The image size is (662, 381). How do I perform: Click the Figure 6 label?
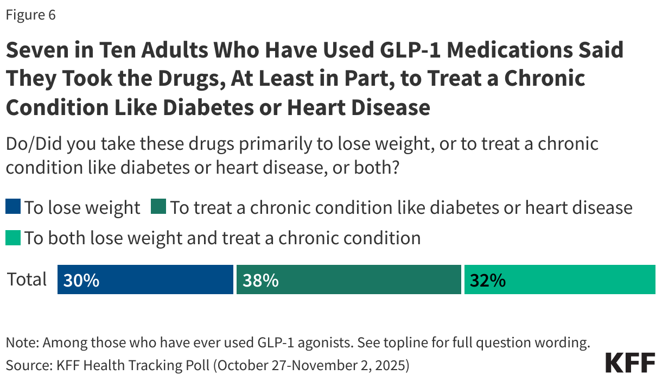pyautogui.click(x=30, y=15)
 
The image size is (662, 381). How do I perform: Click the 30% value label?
pyautogui.click(x=81, y=280)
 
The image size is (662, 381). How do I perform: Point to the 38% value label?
pyautogui.click(x=260, y=280)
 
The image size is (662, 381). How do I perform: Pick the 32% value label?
pyautogui.click(x=488, y=280)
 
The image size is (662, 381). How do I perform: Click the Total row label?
pyautogui.click(x=27, y=279)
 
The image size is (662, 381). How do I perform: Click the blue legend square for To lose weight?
pyautogui.click(x=13, y=207)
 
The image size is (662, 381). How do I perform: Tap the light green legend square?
pyautogui.click(x=13, y=238)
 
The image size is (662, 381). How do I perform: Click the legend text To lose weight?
pyautogui.click(x=82, y=207)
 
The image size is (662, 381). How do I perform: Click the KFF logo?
pyautogui.click(x=629, y=362)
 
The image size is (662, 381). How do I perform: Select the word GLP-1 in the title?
pyautogui.click(x=399, y=50)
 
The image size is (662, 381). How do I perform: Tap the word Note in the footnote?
pyautogui.click(x=21, y=342)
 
